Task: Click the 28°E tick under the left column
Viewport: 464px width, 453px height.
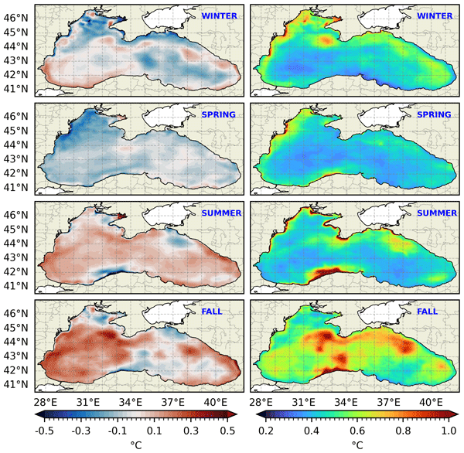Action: point(46,402)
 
